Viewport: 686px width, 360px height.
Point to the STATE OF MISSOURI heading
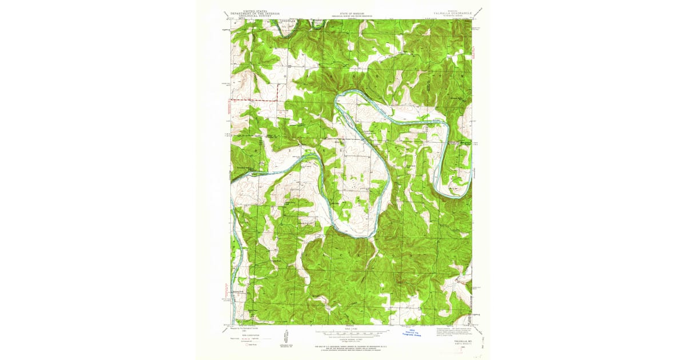350,13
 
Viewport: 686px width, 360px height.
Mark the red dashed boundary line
252,101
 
